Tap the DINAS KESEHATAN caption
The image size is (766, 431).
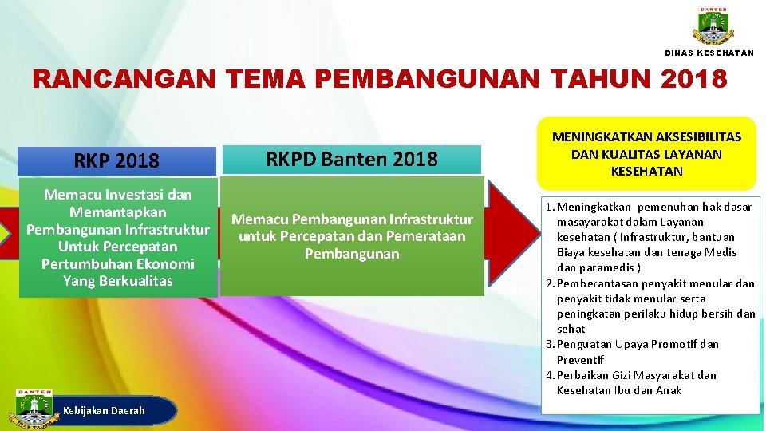pos(709,53)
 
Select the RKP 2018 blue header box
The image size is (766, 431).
pos(116,160)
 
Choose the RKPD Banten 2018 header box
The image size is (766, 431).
pos(351,159)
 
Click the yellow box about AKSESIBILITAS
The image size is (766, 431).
pos(646,154)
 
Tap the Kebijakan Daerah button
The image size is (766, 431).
pos(105,410)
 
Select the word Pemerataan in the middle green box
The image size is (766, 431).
pos(425,236)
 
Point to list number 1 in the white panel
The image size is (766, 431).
pos(549,208)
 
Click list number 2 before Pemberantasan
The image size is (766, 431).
pos(549,283)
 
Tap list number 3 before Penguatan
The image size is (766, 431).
pos(549,345)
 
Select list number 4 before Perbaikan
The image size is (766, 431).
pos(549,375)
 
